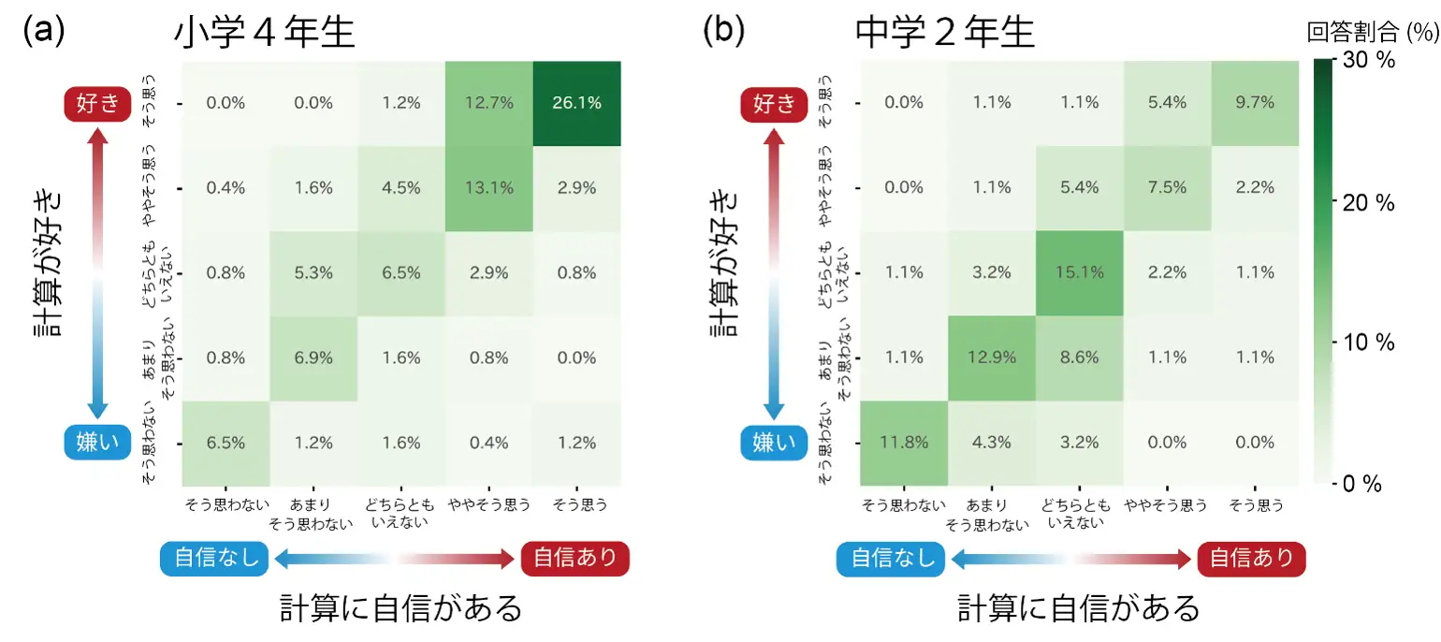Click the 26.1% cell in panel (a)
tap(577, 103)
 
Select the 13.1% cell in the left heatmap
tap(489, 187)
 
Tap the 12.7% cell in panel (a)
tap(489, 103)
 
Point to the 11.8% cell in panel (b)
tap(904, 442)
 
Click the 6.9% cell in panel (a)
tap(313, 357)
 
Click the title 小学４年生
tap(265, 34)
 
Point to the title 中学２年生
tap(945, 34)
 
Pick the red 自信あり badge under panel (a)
tap(575, 559)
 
